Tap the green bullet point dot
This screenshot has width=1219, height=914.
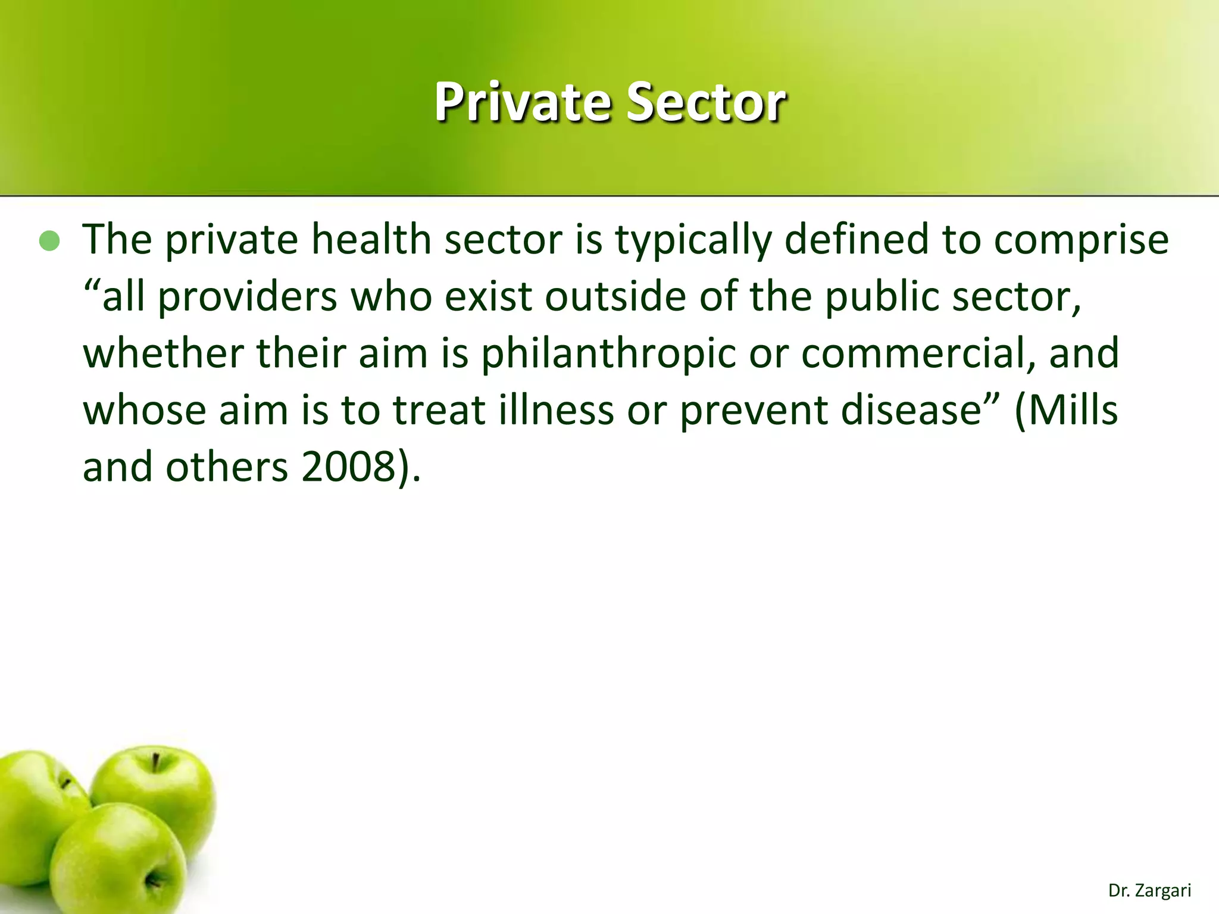pos(50,241)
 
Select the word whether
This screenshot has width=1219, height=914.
pos(162,352)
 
